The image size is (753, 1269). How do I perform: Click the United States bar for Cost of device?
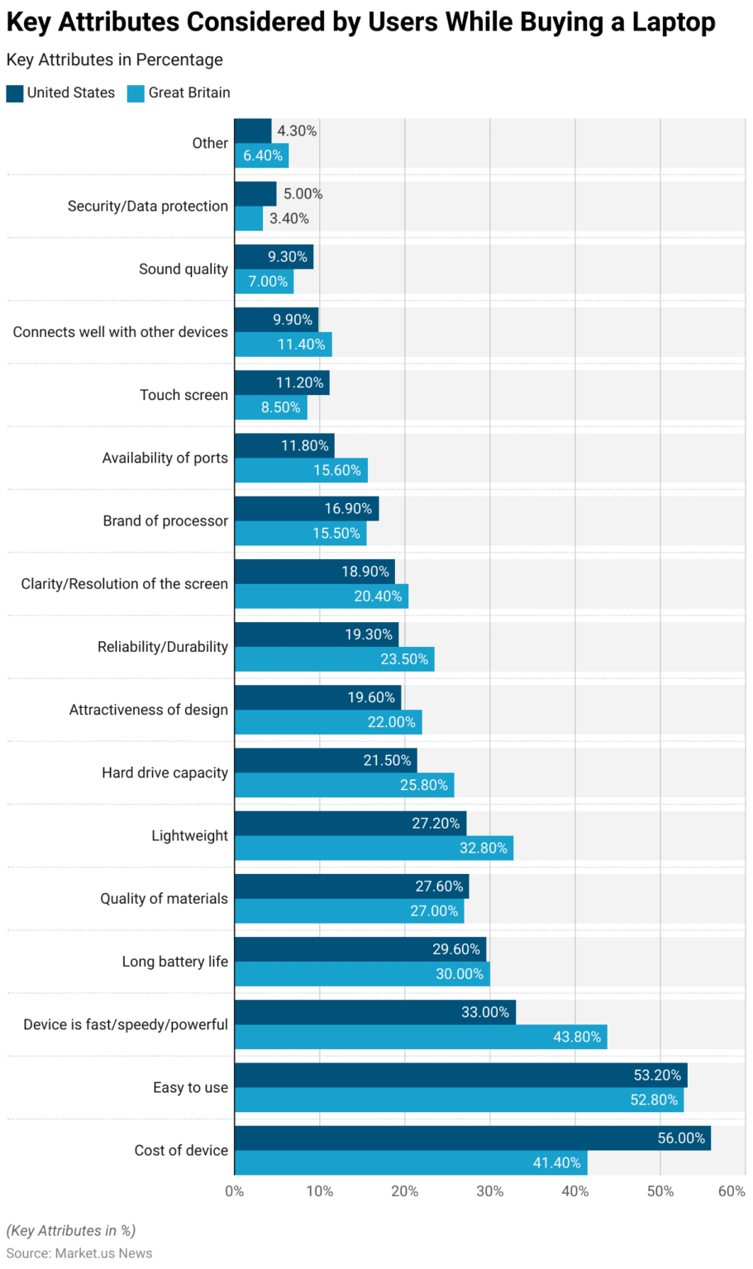[472, 1138]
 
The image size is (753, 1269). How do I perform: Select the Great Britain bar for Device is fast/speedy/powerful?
[420, 1037]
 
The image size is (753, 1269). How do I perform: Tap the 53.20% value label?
[657, 1075]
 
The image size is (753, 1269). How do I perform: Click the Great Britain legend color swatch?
[136, 93]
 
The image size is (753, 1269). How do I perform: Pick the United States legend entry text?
[71, 93]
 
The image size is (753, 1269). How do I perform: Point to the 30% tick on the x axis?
[490, 1191]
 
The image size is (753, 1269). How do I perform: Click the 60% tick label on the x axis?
[732, 1191]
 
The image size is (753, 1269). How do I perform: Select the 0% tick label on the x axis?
[235, 1191]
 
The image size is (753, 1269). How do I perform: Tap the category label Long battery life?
[174, 962]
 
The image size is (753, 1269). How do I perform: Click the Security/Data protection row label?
[147, 207]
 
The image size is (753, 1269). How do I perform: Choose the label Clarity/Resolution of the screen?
[124, 584]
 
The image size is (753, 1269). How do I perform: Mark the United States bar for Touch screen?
[282, 383]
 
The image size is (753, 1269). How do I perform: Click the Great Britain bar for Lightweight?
[374, 848]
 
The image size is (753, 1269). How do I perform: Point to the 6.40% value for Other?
[263, 155]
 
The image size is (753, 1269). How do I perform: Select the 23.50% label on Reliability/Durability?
[404, 659]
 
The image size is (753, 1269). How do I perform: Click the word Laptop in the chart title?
[674, 22]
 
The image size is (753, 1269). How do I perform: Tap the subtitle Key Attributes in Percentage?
[115, 60]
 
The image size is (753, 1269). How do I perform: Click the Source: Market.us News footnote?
[79, 1253]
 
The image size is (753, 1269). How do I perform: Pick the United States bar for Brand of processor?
[306, 508]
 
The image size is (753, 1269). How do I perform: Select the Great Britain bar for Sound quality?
[264, 282]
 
